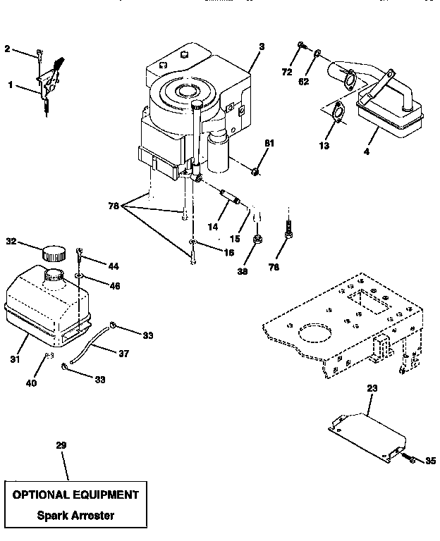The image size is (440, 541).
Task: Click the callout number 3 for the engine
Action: [261, 46]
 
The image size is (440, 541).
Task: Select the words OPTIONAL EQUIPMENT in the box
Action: [76, 495]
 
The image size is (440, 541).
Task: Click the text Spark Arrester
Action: [76, 515]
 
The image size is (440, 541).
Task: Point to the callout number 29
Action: [61, 445]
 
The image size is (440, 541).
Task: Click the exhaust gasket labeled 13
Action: [336, 113]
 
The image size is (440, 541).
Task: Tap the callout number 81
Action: [269, 144]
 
